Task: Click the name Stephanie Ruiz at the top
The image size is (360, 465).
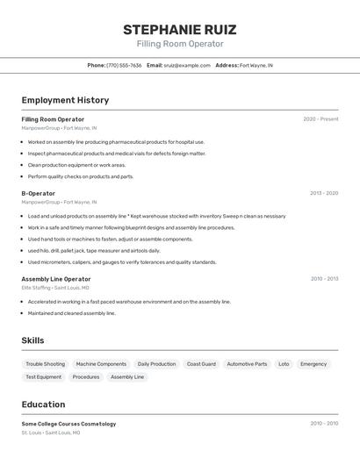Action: pyautogui.click(x=179, y=30)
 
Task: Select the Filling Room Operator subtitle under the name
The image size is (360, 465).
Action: pyautogui.click(x=179, y=44)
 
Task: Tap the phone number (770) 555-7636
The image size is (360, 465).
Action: pyautogui.click(x=124, y=65)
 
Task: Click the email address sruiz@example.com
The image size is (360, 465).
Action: pyautogui.click(x=181, y=65)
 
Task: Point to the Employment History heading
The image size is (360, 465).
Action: pyautogui.click(x=65, y=100)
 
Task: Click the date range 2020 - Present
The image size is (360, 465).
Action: pyautogui.click(x=320, y=119)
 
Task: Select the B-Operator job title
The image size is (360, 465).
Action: pyautogui.click(x=38, y=193)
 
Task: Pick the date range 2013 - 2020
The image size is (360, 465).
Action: pyautogui.click(x=323, y=193)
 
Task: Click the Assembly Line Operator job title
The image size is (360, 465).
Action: pyautogui.click(x=56, y=279)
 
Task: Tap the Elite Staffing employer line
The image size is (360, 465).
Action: pyautogui.click(x=55, y=288)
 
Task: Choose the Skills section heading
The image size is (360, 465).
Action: pyautogui.click(x=32, y=340)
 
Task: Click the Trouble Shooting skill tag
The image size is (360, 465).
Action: pyautogui.click(x=45, y=364)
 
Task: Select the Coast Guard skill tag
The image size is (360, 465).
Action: pyautogui.click(x=201, y=364)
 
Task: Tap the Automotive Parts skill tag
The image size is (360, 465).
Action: pyautogui.click(x=247, y=364)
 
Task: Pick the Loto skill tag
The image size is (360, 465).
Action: pyautogui.click(x=284, y=364)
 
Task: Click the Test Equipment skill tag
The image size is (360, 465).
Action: pyautogui.click(x=43, y=377)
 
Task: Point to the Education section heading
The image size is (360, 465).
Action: pyautogui.click(x=43, y=404)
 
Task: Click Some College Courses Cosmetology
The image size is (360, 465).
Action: pyautogui.click(x=68, y=424)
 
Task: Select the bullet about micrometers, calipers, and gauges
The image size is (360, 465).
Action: pyautogui.click(x=121, y=261)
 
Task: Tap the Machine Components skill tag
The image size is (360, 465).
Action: pyautogui.click(x=101, y=364)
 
